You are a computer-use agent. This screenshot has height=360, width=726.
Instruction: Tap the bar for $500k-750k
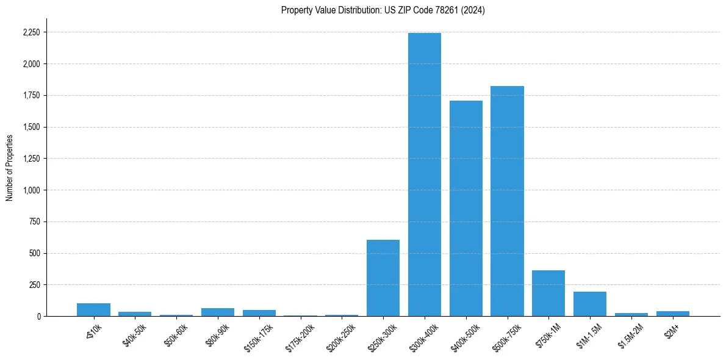pyautogui.click(x=507, y=201)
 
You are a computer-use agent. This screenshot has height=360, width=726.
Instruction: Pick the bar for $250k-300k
pyautogui.click(x=383, y=278)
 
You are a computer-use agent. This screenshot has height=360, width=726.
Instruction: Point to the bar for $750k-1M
pyautogui.click(x=548, y=293)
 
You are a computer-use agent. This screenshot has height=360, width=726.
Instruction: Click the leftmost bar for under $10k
pyautogui.click(x=93, y=310)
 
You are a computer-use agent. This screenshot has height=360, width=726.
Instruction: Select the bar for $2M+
pyautogui.click(x=672, y=314)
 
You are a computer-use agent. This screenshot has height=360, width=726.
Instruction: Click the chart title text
pyautogui.click(x=383, y=10)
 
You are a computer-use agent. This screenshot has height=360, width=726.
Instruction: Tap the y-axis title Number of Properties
pyautogui.click(x=10, y=168)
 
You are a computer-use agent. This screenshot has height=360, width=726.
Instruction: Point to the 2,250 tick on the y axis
pyautogui.click(x=31, y=32)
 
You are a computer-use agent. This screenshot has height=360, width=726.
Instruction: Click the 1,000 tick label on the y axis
pyautogui.click(x=32, y=190)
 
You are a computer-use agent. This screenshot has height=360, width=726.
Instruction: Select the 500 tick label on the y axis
pyautogui.click(x=35, y=253)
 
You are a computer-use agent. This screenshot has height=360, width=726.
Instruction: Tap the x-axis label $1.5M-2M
pyautogui.click(x=630, y=334)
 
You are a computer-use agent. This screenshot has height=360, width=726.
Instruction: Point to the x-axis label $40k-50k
pyautogui.click(x=135, y=333)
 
